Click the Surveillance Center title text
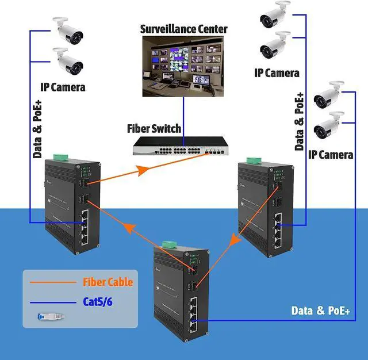click(x=183, y=29)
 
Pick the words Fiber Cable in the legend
click(x=108, y=282)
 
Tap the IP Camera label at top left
click(x=63, y=87)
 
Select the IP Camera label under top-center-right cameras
click(x=277, y=72)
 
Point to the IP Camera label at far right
click(x=330, y=154)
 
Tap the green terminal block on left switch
click(x=61, y=157)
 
